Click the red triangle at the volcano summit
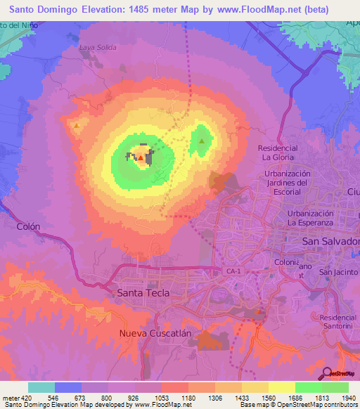tap(141, 158)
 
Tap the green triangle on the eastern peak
tap(202, 141)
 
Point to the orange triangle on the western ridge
tap(76, 125)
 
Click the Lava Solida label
tap(98, 48)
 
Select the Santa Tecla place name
tap(143, 292)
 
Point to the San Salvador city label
tap(330, 241)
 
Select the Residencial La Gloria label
tap(278, 152)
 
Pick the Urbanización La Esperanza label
tap(314, 218)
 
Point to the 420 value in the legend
tap(24, 398)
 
